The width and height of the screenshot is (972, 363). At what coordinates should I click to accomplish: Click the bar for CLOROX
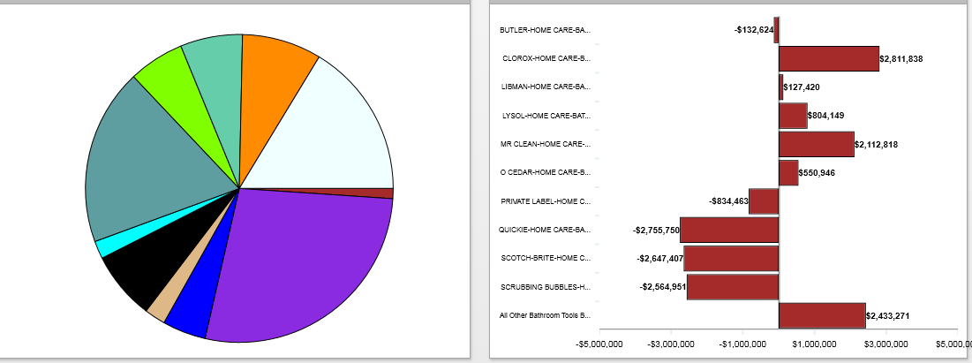coord(828,58)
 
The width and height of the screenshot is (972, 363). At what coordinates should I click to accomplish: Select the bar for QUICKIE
coord(729,230)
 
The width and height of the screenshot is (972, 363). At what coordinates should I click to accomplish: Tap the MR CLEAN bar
coord(816,144)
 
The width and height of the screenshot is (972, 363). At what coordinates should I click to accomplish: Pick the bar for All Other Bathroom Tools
coord(821,315)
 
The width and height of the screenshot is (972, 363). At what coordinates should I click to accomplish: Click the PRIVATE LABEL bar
coord(763,201)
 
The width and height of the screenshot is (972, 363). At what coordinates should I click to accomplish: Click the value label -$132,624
coord(753,30)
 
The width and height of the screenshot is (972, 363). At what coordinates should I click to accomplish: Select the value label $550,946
coord(817,173)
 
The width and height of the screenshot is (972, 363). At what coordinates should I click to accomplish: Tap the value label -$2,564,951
coord(662,287)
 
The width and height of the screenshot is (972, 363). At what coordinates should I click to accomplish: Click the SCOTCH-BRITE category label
coord(545,258)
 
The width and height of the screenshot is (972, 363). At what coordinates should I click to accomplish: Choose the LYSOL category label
coord(546,116)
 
